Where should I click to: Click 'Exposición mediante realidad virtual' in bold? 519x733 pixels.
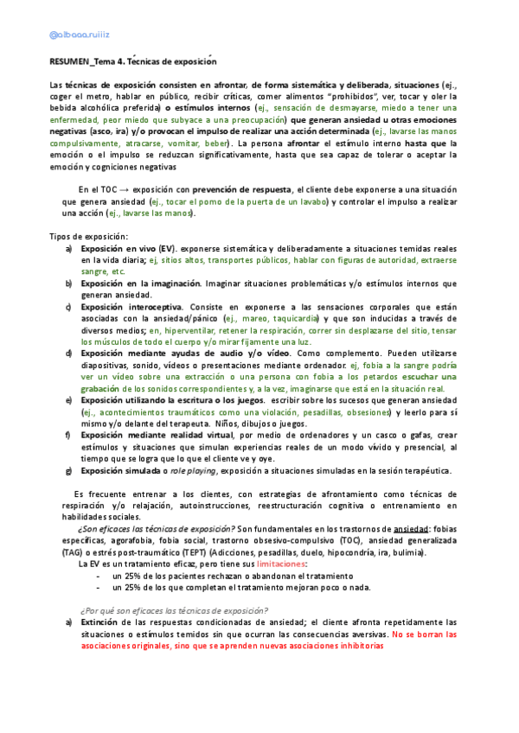158,434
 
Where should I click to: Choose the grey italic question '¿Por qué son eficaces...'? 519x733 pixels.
173,609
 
